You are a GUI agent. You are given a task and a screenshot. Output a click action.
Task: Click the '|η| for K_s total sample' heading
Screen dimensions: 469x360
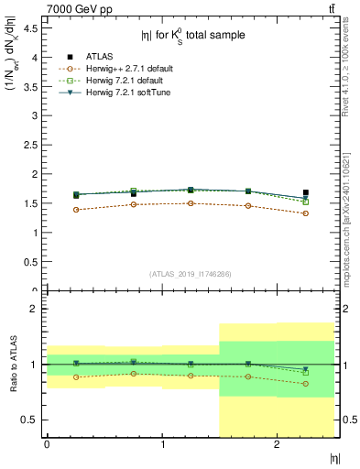(x=192, y=36)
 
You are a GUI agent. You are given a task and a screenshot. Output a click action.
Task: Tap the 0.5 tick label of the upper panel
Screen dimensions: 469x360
(x=29, y=262)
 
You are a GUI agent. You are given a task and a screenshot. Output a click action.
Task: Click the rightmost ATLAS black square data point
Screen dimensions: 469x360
(x=306, y=192)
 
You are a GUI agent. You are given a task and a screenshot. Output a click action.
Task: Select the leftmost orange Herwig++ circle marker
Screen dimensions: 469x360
(x=76, y=210)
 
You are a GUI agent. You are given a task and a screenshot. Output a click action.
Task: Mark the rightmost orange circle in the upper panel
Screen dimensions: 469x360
(x=306, y=213)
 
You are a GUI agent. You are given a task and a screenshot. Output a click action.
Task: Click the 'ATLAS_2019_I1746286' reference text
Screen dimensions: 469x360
(x=190, y=274)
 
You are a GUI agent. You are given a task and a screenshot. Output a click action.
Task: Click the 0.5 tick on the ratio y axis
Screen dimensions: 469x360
(x=29, y=420)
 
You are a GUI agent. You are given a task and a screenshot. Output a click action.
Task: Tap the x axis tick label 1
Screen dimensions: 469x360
(x=163, y=444)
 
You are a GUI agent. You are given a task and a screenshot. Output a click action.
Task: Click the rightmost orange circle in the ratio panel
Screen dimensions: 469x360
(x=306, y=384)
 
